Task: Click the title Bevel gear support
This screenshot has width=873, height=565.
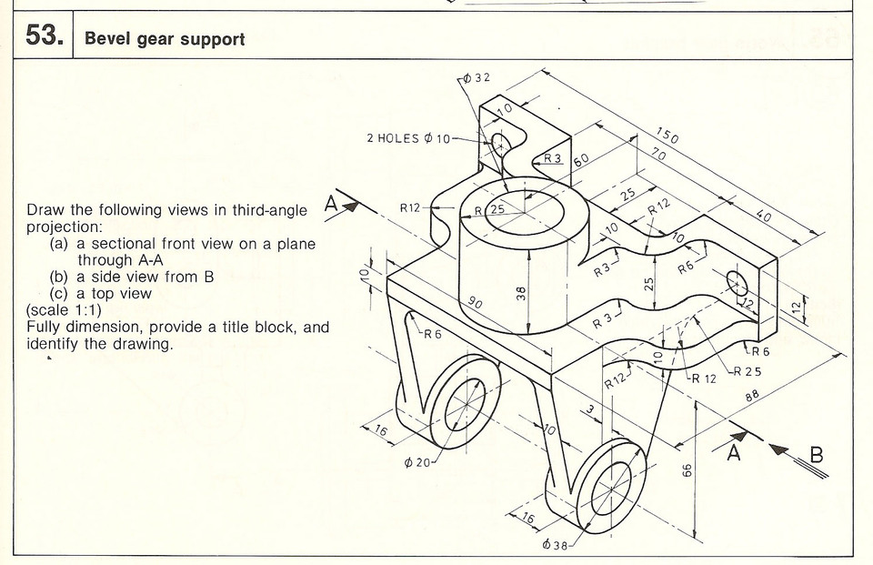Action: tap(164, 40)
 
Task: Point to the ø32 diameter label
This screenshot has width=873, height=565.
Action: tap(477, 77)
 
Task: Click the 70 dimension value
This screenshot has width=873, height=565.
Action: tap(659, 156)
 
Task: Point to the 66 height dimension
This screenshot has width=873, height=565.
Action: tap(687, 470)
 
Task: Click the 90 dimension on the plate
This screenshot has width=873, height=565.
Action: tap(476, 302)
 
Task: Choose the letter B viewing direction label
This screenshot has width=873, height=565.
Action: tap(815, 454)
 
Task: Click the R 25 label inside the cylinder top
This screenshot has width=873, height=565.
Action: tap(492, 210)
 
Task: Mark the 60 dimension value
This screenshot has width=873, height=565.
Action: tap(581, 158)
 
